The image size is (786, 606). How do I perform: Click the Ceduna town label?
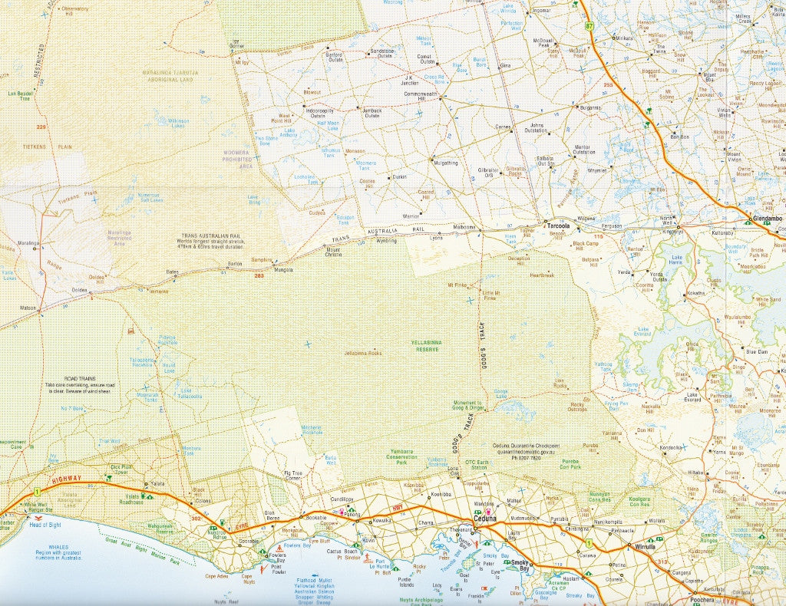(486, 519)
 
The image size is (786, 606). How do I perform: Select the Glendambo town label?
(767, 219)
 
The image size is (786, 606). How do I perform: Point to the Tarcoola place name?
(557, 226)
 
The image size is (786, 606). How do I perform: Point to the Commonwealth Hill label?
(420, 96)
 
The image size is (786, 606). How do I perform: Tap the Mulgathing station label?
(445, 163)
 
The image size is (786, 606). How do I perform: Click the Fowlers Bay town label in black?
(276, 560)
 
